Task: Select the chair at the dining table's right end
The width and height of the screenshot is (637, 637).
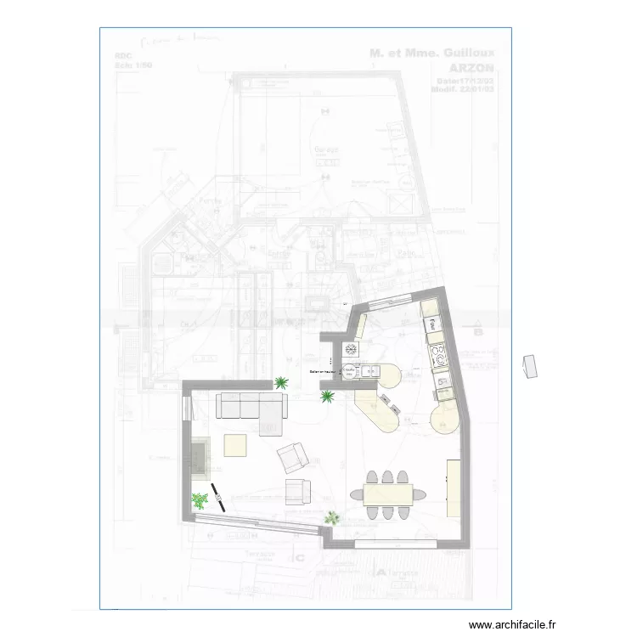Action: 420,493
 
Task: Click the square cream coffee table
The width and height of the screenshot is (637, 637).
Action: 235,445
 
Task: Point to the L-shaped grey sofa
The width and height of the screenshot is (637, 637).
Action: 251,409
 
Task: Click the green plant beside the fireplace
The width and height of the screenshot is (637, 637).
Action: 199,501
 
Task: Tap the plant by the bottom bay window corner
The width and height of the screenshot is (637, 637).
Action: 332,516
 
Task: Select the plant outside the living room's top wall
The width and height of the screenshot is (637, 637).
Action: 280,383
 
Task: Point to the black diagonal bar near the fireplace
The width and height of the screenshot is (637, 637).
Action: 218,496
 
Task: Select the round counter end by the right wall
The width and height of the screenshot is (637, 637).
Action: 447,417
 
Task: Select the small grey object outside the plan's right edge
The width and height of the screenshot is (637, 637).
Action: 531,366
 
